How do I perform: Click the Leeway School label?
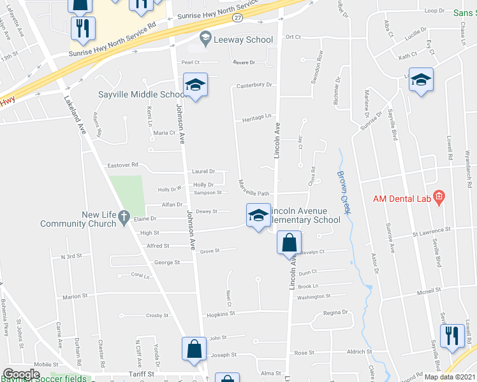click(x=242, y=39)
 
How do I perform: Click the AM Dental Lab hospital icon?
click(x=439, y=198)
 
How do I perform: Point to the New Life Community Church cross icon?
click(x=125, y=216)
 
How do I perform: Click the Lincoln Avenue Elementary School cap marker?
click(x=258, y=216)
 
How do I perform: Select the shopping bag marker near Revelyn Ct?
click(x=289, y=243)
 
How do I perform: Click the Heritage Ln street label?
click(x=257, y=117)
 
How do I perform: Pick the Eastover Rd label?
click(x=122, y=165)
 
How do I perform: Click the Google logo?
click(x=22, y=374)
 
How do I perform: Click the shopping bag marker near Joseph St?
click(x=194, y=349)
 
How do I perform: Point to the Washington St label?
click(x=314, y=297)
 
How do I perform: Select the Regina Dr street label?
click(x=336, y=313)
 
